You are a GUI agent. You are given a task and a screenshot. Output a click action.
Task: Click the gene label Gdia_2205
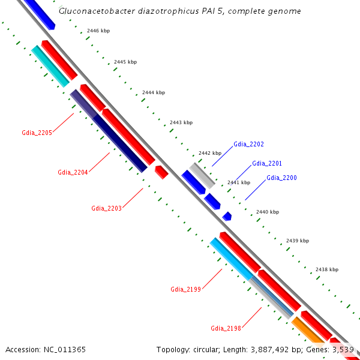[37, 133]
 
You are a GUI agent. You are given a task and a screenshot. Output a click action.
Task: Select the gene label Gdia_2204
[73, 172]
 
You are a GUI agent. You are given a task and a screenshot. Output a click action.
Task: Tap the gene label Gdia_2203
[106, 208]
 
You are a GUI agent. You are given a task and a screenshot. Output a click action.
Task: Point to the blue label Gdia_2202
[248, 144]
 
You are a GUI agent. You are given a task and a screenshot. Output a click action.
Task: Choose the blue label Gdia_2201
[267, 163]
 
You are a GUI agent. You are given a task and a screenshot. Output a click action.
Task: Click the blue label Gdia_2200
[281, 178]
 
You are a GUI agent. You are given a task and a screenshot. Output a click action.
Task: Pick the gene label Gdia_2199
[185, 289]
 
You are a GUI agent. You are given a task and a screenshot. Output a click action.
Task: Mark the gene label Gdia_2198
[226, 328]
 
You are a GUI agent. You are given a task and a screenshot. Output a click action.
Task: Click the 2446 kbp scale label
[98, 31]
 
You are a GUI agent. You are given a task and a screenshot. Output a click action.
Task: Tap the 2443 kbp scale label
[181, 122]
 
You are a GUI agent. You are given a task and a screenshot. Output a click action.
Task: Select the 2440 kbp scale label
[267, 212]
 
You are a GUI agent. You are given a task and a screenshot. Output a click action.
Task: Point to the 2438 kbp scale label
[326, 270]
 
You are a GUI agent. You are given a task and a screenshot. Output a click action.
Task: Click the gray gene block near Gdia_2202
[202, 175]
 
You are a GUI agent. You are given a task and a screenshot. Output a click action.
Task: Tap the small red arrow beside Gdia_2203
[161, 172]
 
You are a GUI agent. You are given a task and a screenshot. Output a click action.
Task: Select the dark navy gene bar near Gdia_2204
[119, 143]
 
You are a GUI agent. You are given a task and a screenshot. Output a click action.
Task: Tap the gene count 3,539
[343, 349]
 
